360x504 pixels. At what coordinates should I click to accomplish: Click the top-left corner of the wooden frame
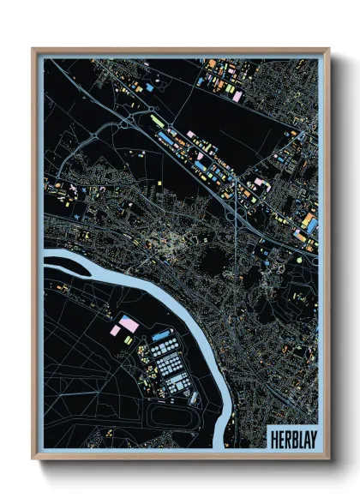tap(33, 49)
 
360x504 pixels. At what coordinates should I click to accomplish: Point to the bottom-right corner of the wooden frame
tap(328, 459)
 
